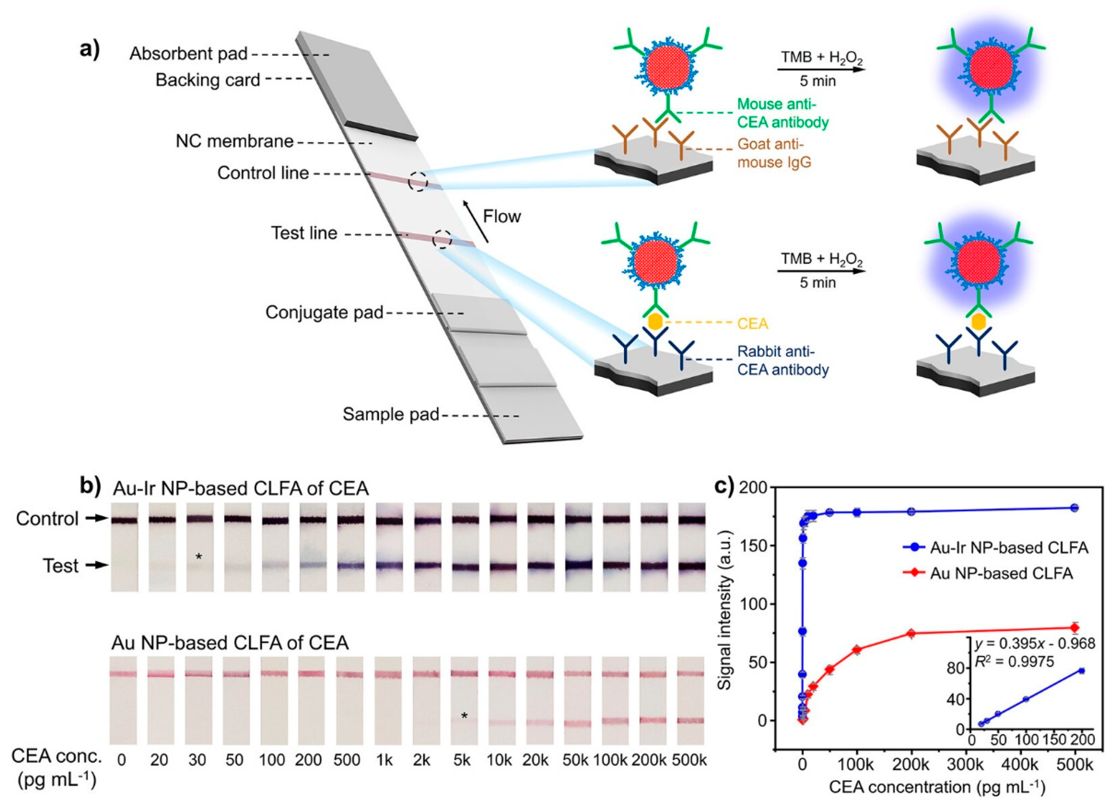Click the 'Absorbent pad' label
[188, 54]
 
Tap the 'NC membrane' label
[235, 142]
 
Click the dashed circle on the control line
[418, 181]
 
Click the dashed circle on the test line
[442, 239]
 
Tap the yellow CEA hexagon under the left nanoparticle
[656, 322]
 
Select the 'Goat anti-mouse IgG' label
[773, 153]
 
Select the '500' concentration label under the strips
[348, 760]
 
